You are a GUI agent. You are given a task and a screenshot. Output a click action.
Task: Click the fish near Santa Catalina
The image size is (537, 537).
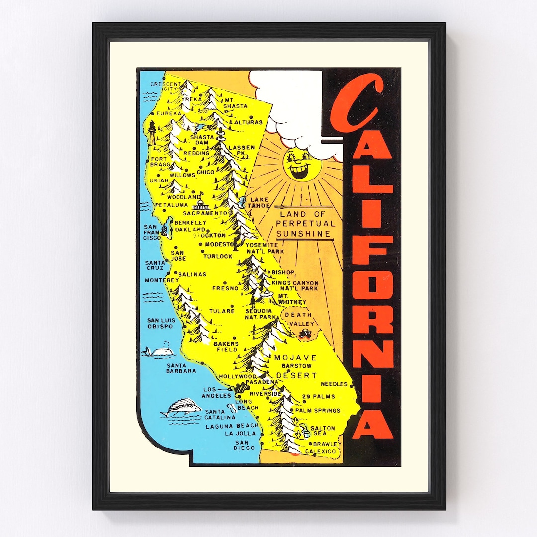tap(181, 408)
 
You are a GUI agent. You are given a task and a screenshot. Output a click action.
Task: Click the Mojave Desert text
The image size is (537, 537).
tap(295, 366)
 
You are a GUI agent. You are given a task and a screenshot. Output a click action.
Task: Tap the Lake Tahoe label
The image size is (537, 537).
tap(259, 203)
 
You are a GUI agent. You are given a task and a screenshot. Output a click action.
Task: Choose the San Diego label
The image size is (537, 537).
tap(245, 445)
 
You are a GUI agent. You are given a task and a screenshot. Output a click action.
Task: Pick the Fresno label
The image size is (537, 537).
tap(225, 288)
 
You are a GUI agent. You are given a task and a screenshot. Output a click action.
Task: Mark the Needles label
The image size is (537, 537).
tap(334, 384)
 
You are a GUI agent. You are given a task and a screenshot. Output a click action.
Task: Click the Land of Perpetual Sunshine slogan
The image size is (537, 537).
tap(305, 224)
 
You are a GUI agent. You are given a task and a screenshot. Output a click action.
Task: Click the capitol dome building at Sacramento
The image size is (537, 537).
tap(202, 204)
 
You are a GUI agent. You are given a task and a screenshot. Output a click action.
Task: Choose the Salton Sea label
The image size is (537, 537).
tap(322, 431)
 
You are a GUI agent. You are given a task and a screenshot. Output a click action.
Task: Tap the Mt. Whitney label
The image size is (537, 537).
tap(292, 299)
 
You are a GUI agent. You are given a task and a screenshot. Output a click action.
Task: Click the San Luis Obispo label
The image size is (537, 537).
tap(160, 323)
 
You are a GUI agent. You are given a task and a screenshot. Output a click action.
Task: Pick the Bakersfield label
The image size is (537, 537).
tap(226, 346)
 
